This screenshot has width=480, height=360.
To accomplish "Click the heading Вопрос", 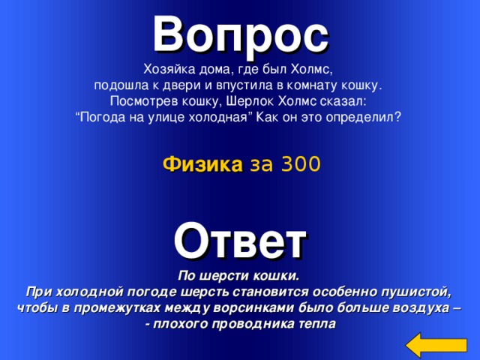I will point(240,31).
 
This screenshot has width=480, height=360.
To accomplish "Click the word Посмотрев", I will point(142,101).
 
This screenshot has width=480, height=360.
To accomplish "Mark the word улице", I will point(179,118).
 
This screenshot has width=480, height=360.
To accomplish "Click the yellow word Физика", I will point(196,164).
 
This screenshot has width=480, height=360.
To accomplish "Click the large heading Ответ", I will point(240,239).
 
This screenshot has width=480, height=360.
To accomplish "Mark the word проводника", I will point(254,324).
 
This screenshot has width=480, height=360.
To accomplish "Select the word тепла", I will point(318,324).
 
